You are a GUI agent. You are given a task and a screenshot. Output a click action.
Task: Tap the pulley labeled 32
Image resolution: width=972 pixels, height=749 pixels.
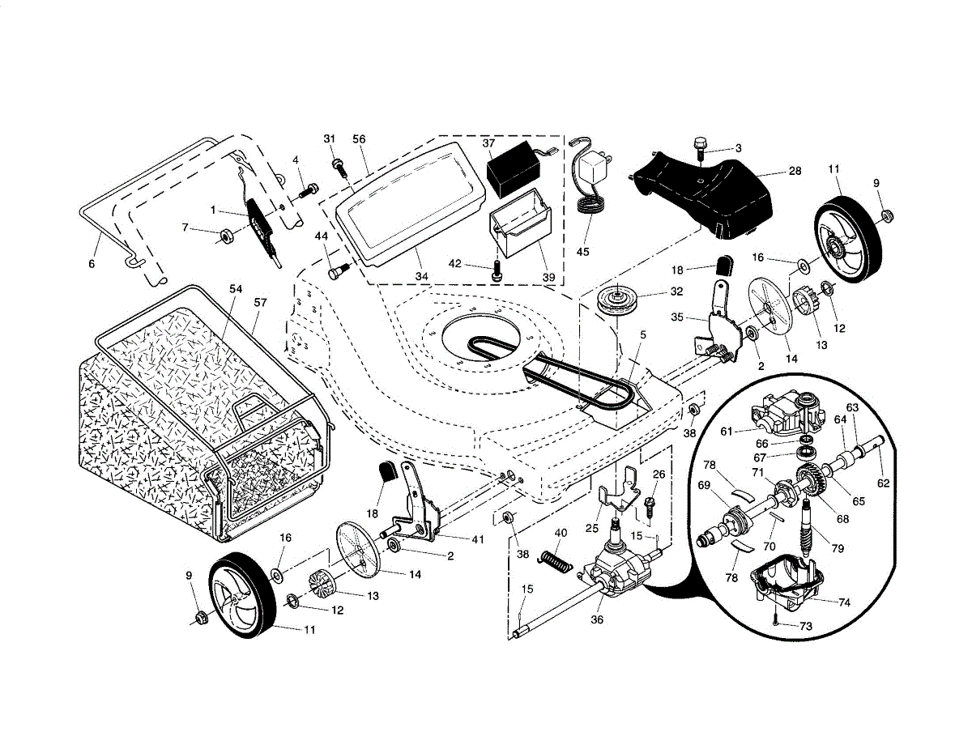[x=617, y=304]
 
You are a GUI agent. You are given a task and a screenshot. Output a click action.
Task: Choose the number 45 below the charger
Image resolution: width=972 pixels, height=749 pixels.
[x=582, y=252]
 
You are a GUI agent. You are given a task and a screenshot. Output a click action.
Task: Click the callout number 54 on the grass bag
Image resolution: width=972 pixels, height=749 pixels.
[x=236, y=289]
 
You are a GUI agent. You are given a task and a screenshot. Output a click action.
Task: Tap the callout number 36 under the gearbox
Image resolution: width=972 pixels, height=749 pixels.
[x=597, y=619]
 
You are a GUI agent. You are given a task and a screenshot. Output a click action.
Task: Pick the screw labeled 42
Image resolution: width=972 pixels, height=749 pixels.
[x=496, y=270]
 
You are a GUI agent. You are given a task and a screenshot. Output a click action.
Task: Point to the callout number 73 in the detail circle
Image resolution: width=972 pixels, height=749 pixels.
[x=805, y=627]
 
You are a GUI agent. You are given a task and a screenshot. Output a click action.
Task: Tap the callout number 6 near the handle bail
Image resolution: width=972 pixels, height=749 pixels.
[x=92, y=264]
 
